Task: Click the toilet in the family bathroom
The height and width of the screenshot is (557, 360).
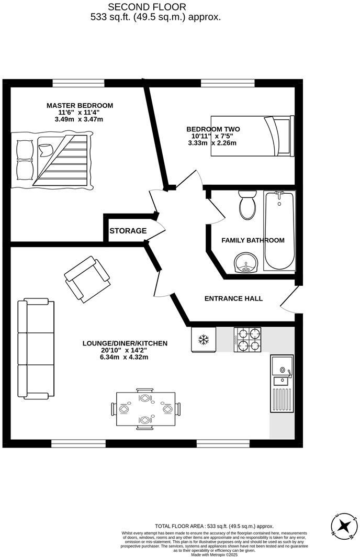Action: click(x=246, y=205)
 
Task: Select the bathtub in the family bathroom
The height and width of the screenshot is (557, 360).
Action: click(x=279, y=231)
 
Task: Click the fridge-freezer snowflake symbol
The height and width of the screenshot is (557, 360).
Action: click(x=203, y=340)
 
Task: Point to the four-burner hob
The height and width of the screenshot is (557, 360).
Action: click(x=247, y=339)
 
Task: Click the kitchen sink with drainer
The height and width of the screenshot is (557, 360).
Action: click(x=282, y=383)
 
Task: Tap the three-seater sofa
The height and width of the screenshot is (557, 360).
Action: click(x=36, y=348)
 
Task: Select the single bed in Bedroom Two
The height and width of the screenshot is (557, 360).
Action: click(x=253, y=136)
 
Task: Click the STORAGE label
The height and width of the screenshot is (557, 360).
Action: click(x=128, y=231)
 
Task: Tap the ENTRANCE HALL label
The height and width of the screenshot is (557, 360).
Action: click(x=233, y=298)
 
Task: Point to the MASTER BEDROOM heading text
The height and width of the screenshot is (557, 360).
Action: click(x=80, y=105)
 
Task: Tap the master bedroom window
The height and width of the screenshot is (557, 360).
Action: click(x=78, y=83)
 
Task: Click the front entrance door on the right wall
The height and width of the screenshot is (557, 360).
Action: click(x=289, y=300)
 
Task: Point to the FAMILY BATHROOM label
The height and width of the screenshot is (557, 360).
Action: click(x=253, y=240)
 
